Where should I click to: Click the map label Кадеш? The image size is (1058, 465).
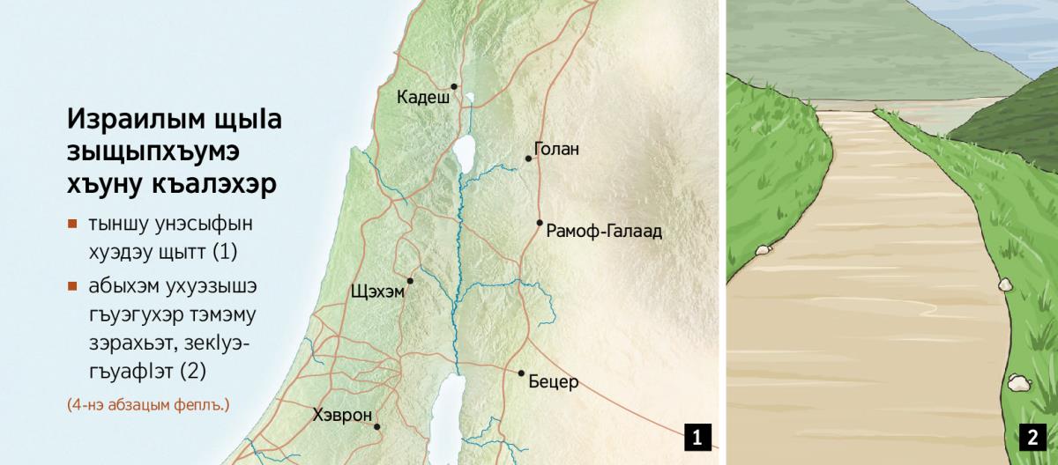point(424,97)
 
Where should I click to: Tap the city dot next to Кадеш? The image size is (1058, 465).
point(454,86)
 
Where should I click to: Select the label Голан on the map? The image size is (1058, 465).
point(557,149)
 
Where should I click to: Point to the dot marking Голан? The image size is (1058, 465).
point(529,159)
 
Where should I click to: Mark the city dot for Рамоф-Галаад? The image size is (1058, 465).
point(540,223)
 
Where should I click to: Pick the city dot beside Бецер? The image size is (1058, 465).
point(521,373)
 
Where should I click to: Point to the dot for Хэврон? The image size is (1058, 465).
point(377,427)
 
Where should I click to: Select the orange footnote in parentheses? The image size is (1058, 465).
point(147,405)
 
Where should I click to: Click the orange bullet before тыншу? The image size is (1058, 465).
point(72,224)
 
